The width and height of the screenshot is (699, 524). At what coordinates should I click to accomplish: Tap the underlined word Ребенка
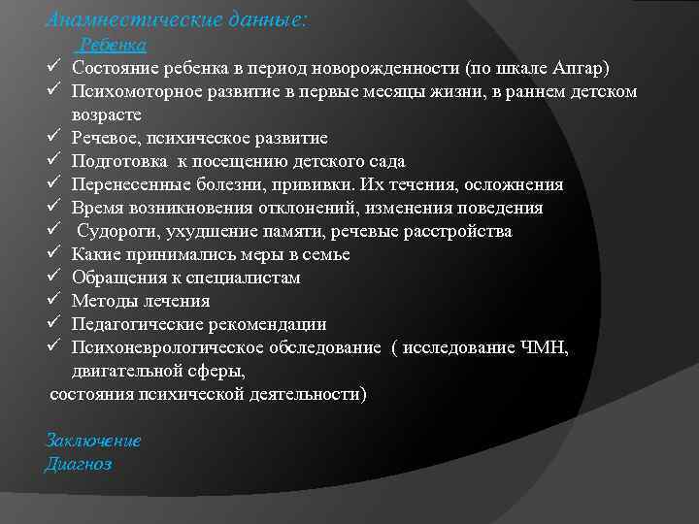click(113, 45)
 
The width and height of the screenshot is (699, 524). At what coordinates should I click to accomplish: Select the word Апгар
click(581, 68)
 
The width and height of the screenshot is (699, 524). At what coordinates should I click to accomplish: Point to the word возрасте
click(107, 115)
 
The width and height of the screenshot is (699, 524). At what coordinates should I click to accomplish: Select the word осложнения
click(515, 184)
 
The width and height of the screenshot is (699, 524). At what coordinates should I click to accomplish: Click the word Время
click(99, 208)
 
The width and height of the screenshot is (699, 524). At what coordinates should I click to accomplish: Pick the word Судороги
click(115, 231)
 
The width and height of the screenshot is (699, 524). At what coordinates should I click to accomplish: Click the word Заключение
click(93, 440)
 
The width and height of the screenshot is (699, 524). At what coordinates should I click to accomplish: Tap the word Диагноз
click(79, 464)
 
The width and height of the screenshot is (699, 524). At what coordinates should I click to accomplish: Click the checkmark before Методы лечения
click(54, 301)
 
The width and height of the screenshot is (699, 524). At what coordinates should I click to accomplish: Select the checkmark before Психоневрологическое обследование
click(54, 347)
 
